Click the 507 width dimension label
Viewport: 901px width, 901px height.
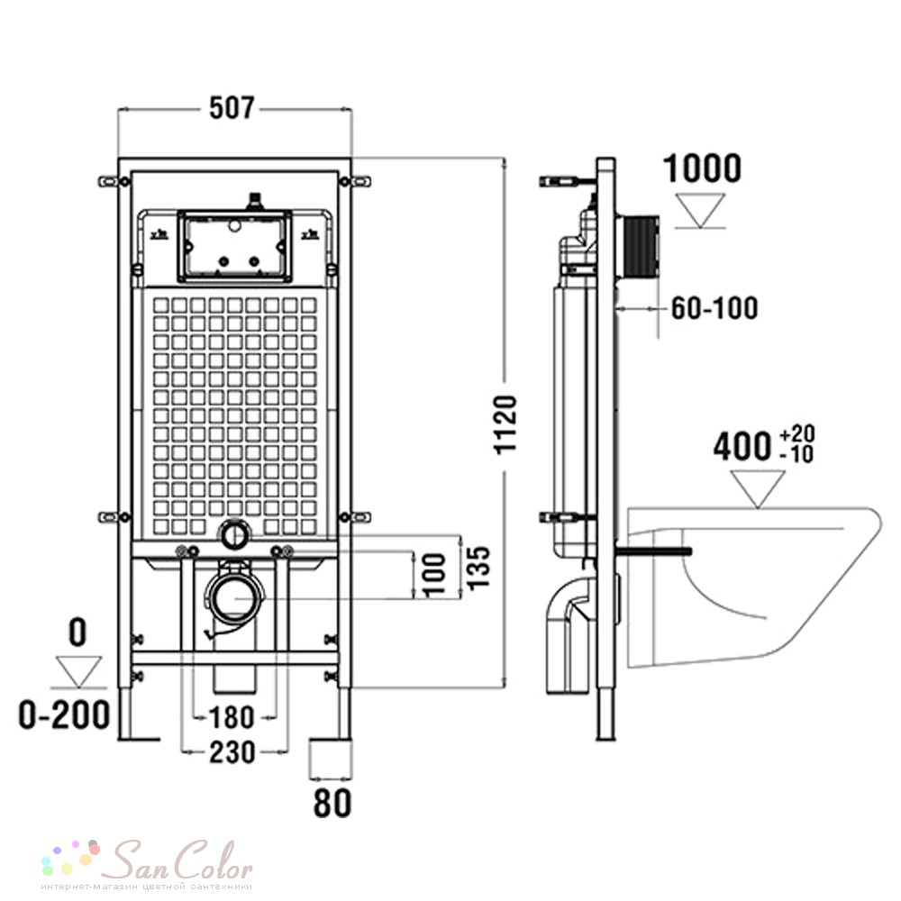tap(232, 107)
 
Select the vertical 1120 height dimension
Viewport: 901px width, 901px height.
tap(506, 424)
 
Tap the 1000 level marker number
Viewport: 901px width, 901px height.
tap(702, 168)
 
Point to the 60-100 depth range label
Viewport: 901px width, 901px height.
tap(714, 308)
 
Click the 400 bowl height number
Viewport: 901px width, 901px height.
tap(742, 447)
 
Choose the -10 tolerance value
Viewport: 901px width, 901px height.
tap(797, 454)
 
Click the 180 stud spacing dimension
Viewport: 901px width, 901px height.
tap(231, 717)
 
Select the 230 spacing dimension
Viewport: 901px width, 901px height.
tap(232, 751)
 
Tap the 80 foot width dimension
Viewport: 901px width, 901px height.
tap(332, 803)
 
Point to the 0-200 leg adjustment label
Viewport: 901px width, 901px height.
tap(64, 714)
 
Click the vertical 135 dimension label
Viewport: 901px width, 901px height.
tap(478, 568)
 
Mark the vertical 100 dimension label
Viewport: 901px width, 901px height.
tap(434, 574)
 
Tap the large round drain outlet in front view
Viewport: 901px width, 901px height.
tap(236, 597)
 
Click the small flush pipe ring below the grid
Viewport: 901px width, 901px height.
tap(234, 533)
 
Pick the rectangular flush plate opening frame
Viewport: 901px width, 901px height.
tap(234, 247)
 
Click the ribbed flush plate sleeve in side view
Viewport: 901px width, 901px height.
tap(638, 250)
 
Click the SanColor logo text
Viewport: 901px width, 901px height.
tap(183, 860)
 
